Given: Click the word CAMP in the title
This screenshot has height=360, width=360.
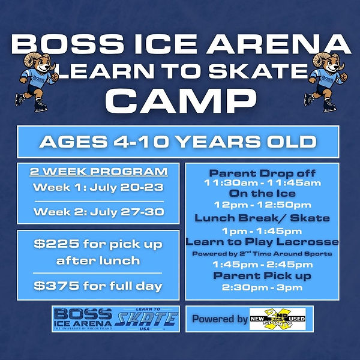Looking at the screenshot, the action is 181,101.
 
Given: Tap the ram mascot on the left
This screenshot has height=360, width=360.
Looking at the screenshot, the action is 36,82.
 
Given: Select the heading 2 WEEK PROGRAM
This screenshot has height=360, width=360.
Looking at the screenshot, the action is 99,172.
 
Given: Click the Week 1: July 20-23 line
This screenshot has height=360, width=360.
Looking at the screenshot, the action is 98,187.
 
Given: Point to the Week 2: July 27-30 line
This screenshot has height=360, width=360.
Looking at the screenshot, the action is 99,212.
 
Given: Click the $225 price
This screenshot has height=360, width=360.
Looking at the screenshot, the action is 56,244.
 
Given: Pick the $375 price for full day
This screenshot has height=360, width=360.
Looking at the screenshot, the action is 98,286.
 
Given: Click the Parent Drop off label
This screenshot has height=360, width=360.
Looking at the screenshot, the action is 262,173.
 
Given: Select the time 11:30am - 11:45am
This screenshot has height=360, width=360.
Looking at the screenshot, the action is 262,183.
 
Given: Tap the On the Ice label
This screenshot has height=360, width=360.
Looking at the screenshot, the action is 262,194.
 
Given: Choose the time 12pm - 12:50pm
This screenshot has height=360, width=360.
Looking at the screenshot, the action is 262,205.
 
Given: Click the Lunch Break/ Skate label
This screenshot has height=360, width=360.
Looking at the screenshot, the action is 262,218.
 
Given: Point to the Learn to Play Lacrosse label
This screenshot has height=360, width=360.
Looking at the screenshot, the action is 262,242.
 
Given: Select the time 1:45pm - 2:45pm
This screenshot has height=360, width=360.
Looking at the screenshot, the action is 262,265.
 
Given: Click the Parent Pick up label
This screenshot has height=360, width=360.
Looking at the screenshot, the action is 262,276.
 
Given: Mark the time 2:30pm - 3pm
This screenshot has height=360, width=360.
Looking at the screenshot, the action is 262,287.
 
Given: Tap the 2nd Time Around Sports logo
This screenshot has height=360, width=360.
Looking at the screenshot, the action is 278,319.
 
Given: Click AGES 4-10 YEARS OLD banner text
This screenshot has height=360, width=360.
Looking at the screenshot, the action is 178,142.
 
